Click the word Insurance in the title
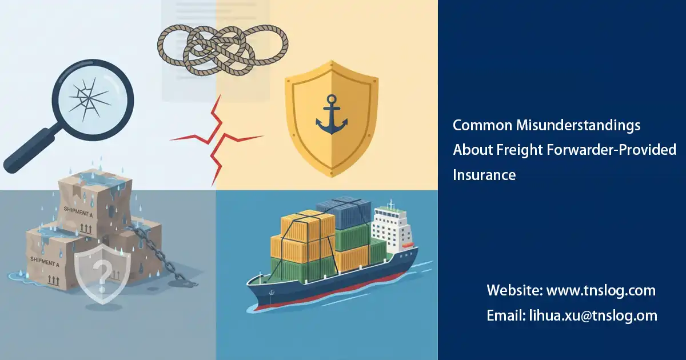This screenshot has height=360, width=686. click(484, 175)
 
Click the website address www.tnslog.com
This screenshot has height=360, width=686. click(601, 290)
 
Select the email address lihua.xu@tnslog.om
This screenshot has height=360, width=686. click(591, 315)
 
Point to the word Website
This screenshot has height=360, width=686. click(514, 290)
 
